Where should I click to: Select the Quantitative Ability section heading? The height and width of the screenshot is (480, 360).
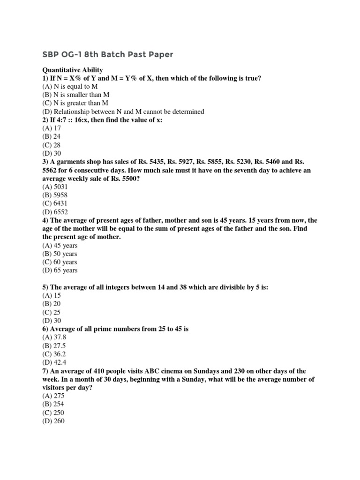coord(73,70)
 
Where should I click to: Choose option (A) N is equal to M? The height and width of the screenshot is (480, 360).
coord(70,87)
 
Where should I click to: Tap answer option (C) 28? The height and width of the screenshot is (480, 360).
coord(52,145)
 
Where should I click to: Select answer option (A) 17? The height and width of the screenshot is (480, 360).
coord(52,128)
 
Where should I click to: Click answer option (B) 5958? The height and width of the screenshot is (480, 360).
coord(54,195)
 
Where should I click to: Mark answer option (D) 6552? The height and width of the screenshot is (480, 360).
coord(54,211)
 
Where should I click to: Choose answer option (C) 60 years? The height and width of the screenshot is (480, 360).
coord(60,262)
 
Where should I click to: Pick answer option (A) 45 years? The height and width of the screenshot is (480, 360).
coord(60,245)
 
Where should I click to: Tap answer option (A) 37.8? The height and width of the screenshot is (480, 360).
coord(53,337)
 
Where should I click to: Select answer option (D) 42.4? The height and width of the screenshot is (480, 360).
coord(53,362)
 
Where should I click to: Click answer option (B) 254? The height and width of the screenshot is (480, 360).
coord(53,404)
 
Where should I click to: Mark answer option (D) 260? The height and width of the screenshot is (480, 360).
coord(53,421)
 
